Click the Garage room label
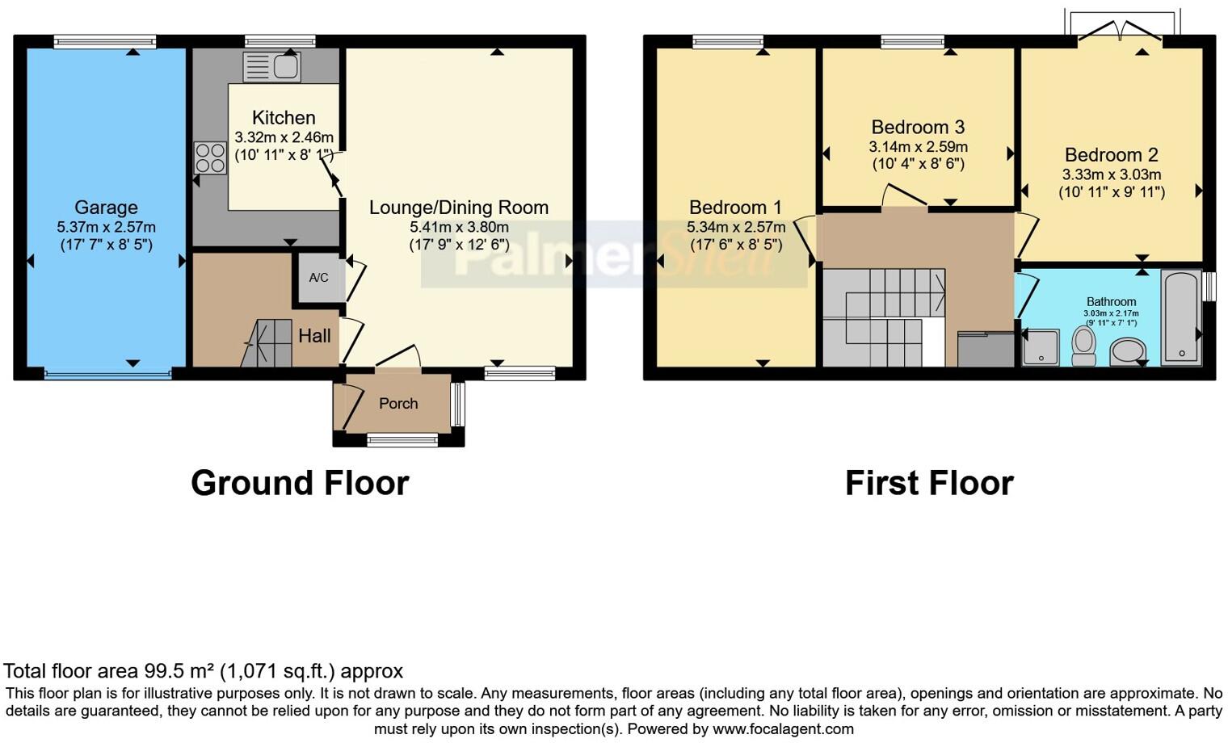coord(106,208)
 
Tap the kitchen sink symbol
coord(271,67)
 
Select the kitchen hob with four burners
coord(209,157)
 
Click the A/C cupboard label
coord(318,278)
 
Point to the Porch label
coord(398,404)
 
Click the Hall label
coord(314,336)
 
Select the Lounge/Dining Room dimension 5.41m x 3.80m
coord(459,227)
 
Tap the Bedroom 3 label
coord(918,127)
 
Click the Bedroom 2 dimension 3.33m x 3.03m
coord(1111,174)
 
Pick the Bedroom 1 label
coord(735,208)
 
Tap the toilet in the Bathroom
coord(1083,346)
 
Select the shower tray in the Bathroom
coord(1041,347)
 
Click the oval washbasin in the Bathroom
coord(1128,352)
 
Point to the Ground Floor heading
coord(300,483)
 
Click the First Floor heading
coord(929,483)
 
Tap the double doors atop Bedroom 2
coord(1120,33)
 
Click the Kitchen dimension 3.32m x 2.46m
coord(284,137)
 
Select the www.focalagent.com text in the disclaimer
coord(783,728)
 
